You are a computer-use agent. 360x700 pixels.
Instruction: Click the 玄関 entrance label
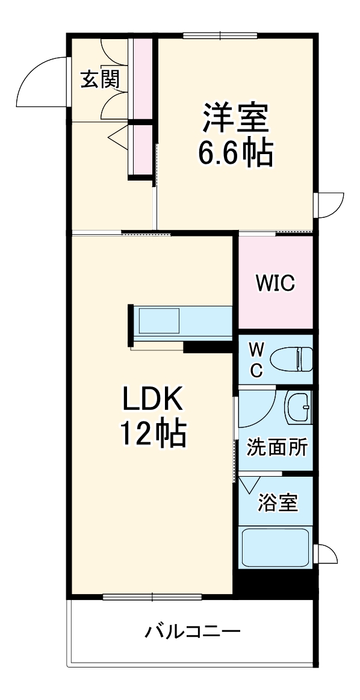[x=100, y=79]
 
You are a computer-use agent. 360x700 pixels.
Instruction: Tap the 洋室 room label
[x=235, y=119]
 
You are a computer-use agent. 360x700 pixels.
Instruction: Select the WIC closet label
[x=275, y=283]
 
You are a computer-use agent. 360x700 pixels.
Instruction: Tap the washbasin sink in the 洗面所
[x=297, y=409]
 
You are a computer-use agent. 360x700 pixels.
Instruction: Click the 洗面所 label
[x=278, y=448]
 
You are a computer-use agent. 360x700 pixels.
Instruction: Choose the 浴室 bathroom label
[x=278, y=502]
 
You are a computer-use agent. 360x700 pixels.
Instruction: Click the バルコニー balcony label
[x=192, y=632]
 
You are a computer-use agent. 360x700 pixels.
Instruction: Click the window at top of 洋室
[x=220, y=36]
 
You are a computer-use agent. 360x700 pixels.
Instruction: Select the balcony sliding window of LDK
[x=152, y=597]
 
